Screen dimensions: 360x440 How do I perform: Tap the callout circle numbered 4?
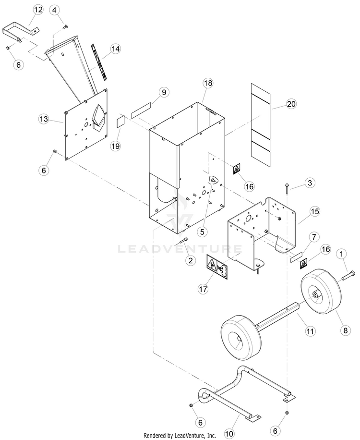tap(54, 10)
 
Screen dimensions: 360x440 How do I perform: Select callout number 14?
tap(115, 49)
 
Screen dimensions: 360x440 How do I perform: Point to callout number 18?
tap(208, 83)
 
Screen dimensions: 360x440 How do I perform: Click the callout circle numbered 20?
tap(291, 104)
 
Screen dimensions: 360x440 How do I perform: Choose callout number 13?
tap(44, 119)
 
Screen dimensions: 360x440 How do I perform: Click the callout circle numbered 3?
tap(310, 183)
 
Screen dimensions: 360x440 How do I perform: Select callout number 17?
tap(203, 289)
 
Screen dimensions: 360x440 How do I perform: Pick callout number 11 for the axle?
tap(310, 331)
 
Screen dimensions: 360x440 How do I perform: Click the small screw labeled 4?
tap(66, 26)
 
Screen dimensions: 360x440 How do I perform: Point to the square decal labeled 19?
tap(121, 122)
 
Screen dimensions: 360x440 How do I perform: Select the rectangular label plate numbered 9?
tap(141, 110)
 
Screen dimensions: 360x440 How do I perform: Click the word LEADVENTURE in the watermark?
tap(180, 249)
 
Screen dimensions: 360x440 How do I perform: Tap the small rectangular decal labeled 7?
tap(296, 257)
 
